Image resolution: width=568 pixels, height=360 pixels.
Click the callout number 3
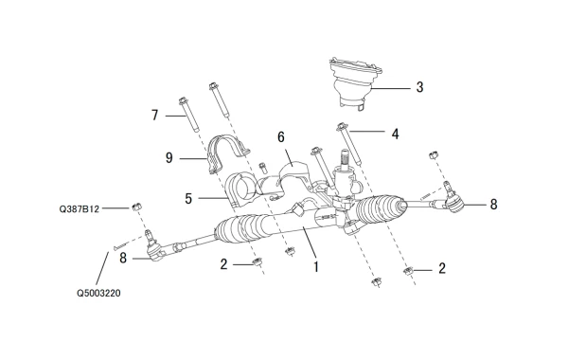coord(419,87)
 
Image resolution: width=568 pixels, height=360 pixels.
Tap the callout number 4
coord(395,135)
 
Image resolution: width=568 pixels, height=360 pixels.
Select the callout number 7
coord(155,116)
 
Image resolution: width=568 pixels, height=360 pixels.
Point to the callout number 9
coord(169,158)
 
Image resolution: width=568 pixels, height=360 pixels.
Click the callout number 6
coord(281,137)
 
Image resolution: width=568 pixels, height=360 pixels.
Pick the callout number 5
coord(188,199)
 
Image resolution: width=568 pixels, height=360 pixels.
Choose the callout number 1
coord(316,267)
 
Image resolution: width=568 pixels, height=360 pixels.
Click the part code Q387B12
coord(79,209)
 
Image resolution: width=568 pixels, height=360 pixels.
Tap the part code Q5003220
coord(98,293)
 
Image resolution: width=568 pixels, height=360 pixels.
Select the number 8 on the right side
coord(493,205)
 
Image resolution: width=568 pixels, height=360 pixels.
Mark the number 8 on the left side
coord(123,258)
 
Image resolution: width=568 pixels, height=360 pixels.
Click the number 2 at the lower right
coord(442,269)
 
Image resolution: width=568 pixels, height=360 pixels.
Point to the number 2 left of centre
coord(223,264)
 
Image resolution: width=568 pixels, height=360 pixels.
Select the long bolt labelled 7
coord(188,115)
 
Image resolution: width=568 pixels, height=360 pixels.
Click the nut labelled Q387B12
coord(136,207)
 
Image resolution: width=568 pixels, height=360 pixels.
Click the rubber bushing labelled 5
coord(240,190)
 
